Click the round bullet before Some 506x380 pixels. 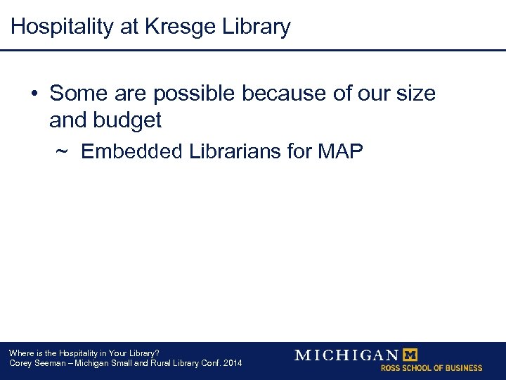point(34,94)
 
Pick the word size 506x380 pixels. point(415,93)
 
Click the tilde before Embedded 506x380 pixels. point(61,151)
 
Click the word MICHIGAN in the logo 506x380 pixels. point(346,355)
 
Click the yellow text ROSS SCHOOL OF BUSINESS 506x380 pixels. point(432,368)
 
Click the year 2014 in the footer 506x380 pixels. point(231,363)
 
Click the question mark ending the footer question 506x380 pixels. point(157,353)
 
